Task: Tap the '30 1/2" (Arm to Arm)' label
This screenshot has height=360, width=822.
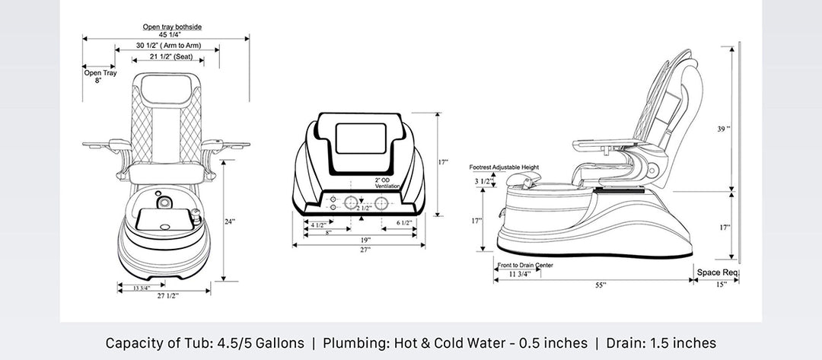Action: (168, 46)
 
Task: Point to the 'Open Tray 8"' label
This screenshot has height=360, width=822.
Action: (100, 77)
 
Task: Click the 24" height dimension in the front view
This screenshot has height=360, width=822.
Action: (230, 221)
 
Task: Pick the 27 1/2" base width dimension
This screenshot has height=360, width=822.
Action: (167, 296)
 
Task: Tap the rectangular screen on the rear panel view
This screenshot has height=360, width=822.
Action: (360, 139)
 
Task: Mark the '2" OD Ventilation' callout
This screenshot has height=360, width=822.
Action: (387, 183)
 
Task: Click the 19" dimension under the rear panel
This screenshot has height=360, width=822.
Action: (365, 240)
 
